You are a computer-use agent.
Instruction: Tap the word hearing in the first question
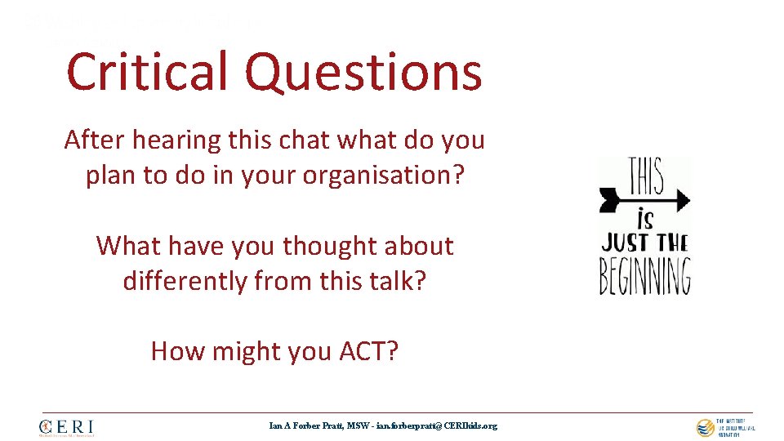point(176,140)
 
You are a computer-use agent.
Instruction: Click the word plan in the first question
point(111,176)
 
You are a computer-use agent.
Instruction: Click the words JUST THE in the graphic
point(645,243)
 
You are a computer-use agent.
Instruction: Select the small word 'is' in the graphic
point(645,220)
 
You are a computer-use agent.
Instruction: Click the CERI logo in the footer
point(66,427)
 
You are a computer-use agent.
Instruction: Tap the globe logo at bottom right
point(705,427)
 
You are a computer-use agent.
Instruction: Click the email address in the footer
point(436,425)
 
